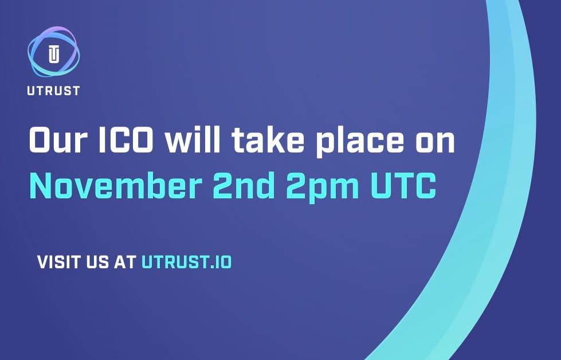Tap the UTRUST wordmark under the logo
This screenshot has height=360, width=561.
pyautogui.click(x=53, y=91)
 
